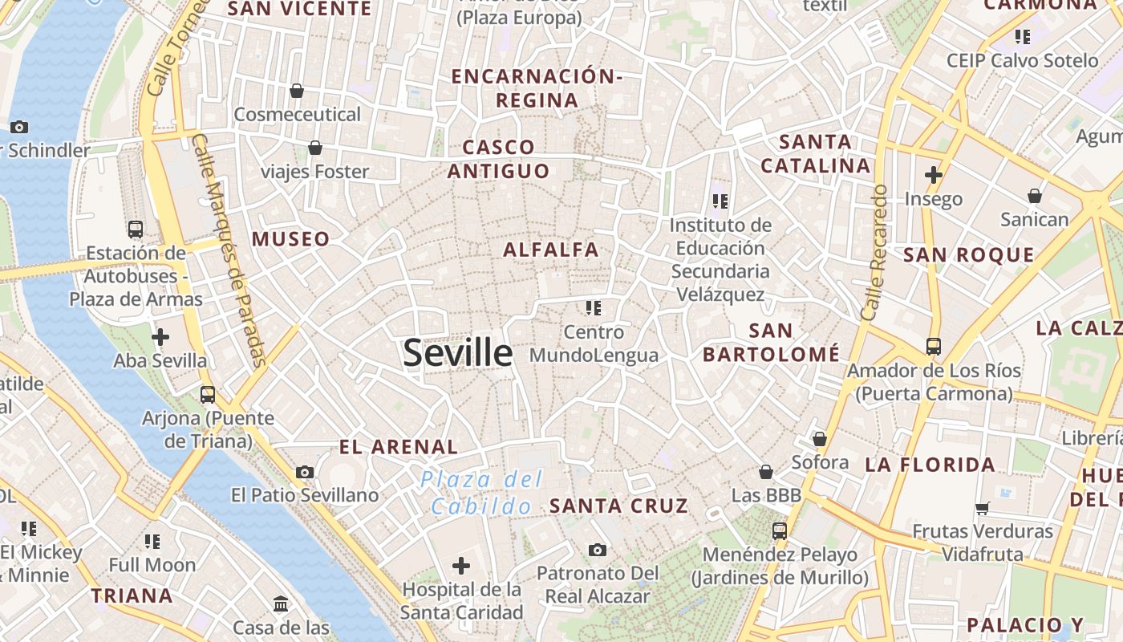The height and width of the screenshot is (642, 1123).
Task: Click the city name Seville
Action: pyautogui.click(x=457, y=352)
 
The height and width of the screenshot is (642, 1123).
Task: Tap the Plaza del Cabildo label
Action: pyautogui.click(x=482, y=493)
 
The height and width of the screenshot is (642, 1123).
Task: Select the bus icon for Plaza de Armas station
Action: pyautogui.click(x=136, y=230)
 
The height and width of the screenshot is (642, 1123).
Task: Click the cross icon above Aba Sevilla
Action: pyautogui.click(x=160, y=337)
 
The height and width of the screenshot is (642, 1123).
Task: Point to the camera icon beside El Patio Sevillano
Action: pyautogui.click(x=305, y=472)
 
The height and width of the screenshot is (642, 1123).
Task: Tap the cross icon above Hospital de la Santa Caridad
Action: pyautogui.click(x=461, y=566)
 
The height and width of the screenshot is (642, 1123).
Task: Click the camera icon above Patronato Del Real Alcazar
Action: pyautogui.click(x=597, y=550)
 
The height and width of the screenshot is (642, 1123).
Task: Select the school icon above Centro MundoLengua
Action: pyautogui.click(x=594, y=308)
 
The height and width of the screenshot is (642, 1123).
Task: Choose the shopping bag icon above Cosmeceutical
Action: pyautogui.click(x=297, y=91)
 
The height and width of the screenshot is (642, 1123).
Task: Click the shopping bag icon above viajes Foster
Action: pyautogui.click(x=315, y=148)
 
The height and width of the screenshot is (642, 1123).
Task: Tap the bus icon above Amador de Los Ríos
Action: pyautogui.click(x=934, y=347)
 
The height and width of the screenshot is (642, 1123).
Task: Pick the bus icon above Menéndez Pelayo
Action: pyautogui.click(x=780, y=530)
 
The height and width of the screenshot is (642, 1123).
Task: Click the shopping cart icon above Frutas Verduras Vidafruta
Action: pyautogui.click(x=983, y=507)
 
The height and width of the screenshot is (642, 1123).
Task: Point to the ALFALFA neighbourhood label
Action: pyautogui.click(x=551, y=250)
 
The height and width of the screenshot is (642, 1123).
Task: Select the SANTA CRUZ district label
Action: pyautogui.click(x=618, y=506)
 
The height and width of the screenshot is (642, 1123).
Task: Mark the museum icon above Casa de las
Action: pyautogui.click(x=281, y=603)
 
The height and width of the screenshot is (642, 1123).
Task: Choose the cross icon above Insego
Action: pyautogui.click(x=934, y=174)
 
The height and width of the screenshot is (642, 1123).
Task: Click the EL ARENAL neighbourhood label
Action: pyautogui.click(x=399, y=447)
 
